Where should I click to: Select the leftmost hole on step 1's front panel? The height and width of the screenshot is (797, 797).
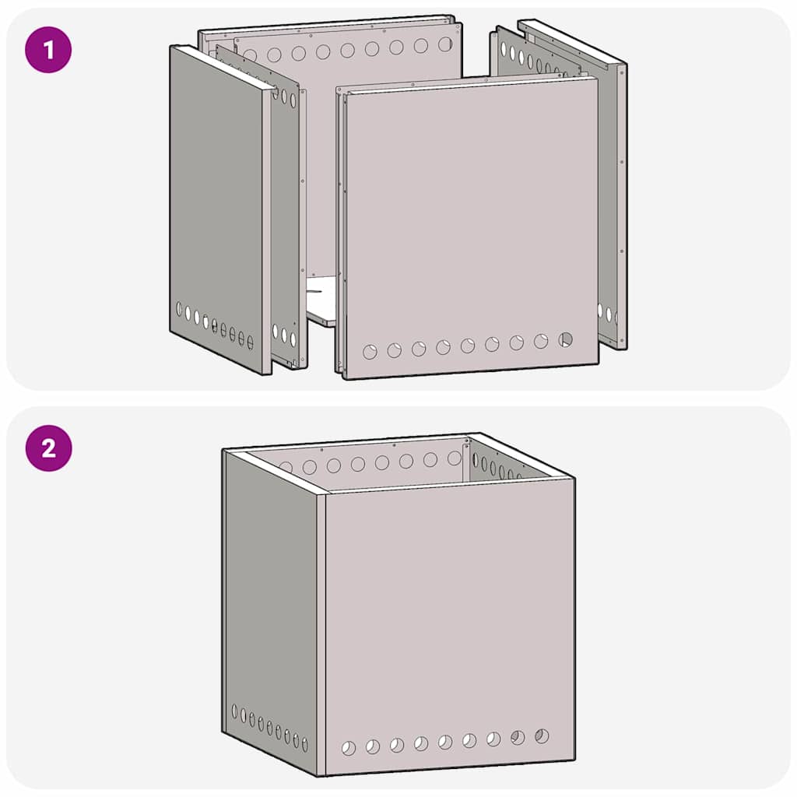(370, 352)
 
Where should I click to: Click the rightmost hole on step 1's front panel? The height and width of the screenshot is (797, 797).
(565, 339)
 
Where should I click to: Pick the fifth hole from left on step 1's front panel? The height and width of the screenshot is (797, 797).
(468, 346)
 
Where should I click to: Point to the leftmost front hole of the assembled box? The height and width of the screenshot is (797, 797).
(349, 748)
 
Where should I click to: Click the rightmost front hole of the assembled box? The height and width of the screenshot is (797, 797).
(542, 736)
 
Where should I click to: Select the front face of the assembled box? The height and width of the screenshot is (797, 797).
(450, 615)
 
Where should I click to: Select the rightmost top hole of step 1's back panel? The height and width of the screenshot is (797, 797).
(444, 44)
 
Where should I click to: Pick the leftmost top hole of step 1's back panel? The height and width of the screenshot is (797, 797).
(250, 56)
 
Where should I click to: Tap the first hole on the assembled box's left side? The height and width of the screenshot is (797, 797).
(235, 711)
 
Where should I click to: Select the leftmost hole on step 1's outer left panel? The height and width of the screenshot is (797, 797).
(180, 309)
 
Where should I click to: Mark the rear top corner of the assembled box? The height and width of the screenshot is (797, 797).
(478, 434)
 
